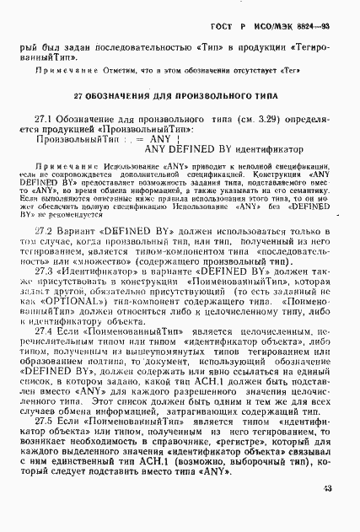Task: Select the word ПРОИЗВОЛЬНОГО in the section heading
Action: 203,98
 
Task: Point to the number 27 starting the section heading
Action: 78,98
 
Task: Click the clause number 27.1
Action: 45,122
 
